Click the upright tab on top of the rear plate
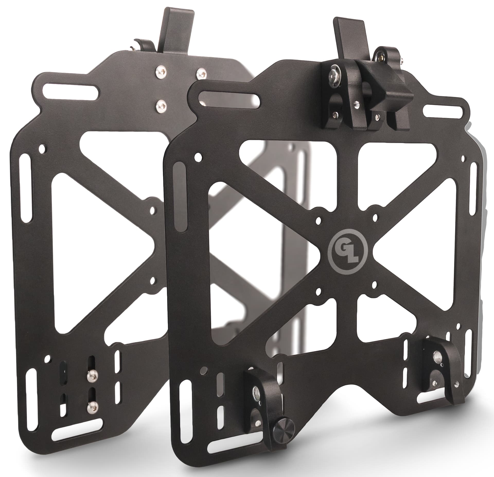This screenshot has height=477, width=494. [176, 31]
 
